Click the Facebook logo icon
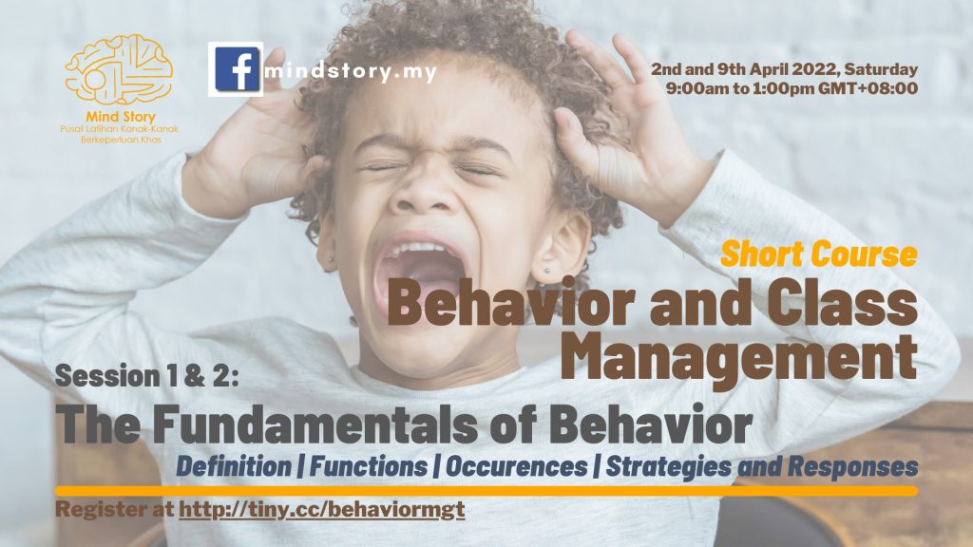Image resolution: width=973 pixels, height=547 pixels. tap(236, 68)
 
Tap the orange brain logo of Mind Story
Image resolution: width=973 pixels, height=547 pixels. tap(119, 69)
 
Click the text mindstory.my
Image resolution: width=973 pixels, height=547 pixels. tap(352, 72)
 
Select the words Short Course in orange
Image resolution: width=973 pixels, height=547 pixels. tap(819, 254)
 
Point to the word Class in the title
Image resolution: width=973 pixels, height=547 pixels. tap(843, 303)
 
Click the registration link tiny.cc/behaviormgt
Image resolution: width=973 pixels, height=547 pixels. tap(322, 510)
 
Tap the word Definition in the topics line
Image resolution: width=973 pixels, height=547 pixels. tap(234, 466)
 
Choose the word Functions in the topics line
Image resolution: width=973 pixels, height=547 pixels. tap(369, 466)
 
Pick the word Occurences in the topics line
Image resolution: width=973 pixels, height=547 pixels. tap(516, 466)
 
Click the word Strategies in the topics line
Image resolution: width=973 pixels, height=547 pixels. tap(668, 467)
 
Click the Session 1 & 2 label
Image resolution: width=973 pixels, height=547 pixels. tap(147, 376)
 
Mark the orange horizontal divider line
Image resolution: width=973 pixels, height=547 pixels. tap(486, 491)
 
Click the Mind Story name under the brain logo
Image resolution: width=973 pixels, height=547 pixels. tap(121, 117)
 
